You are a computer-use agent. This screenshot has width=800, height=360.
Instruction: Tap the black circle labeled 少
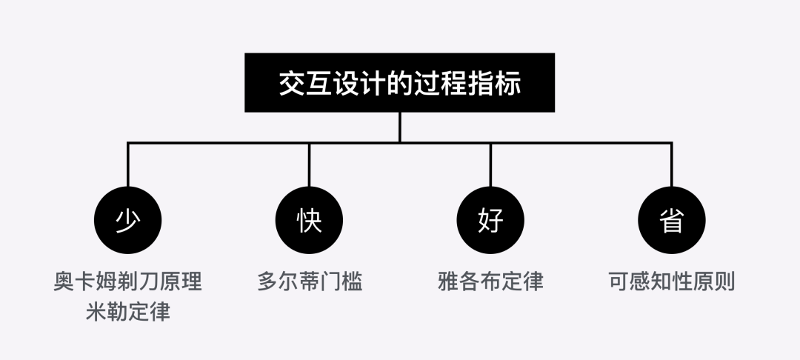(x=128, y=220)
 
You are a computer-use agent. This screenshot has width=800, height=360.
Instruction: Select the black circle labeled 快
(x=309, y=220)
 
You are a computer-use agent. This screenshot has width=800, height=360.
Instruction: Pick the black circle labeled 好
(x=490, y=220)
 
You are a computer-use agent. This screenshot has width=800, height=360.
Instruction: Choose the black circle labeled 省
(x=671, y=220)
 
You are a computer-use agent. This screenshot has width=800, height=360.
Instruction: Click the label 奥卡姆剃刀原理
(x=128, y=282)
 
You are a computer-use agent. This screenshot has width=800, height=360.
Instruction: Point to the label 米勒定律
(x=128, y=312)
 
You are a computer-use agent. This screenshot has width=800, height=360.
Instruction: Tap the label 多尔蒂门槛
(x=310, y=282)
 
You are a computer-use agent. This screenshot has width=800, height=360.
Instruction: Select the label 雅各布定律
(x=490, y=282)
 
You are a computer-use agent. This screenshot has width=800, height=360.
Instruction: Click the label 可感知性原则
(x=671, y=282)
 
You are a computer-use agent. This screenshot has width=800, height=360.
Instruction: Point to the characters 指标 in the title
(x=497, y=83)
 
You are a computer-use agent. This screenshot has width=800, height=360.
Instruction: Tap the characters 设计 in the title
(x=352, y=83)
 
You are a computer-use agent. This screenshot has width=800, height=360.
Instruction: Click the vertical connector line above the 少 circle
(x=128, y=164)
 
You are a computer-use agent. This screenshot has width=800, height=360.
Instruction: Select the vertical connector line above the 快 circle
(x=309, y=164)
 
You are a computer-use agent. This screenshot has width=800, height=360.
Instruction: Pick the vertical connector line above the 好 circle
(x=490, y=164)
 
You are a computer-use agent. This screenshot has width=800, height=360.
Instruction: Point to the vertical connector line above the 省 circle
(x=671, y=164)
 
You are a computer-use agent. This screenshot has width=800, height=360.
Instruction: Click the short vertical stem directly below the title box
(x=399, y=127)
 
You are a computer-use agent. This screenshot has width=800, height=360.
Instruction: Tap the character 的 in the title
(x=400, y=83)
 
